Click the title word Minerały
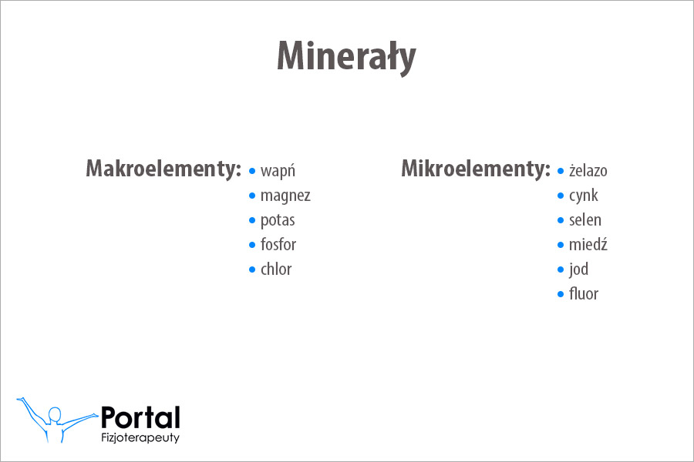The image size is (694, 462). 346,55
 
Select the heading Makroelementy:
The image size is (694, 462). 163,169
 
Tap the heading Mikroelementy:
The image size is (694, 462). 476,169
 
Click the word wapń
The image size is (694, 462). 278,171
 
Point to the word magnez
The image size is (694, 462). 285,196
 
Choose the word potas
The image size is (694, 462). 278,220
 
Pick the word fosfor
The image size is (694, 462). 278,245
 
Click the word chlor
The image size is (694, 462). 276,269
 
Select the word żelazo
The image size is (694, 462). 588,171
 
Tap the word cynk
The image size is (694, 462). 584,196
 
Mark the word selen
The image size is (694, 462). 585,220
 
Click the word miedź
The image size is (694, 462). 588,245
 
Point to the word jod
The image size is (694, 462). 578,269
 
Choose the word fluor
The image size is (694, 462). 584,294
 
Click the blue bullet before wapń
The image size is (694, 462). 252,171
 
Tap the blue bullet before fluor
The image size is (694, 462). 561,294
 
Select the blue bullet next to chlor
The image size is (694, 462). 252,269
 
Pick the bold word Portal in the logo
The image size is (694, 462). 140,417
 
